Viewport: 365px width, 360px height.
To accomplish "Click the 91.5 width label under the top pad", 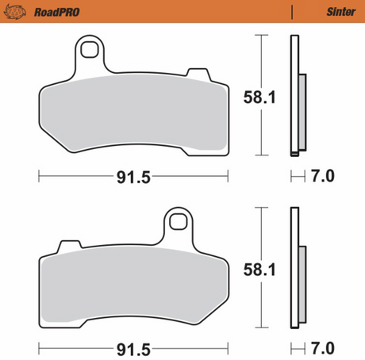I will (x=133, y=176).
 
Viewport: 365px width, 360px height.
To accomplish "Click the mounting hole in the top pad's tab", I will (x=91, y=52).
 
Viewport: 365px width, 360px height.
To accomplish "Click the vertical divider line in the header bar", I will (x=293, y=11).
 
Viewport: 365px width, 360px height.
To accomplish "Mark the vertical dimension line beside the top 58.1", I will (x=261, y=95).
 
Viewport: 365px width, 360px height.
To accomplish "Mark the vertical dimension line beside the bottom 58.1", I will (x=261, y=270).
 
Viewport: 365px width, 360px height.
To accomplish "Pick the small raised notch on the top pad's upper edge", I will (x=195, y=75).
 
